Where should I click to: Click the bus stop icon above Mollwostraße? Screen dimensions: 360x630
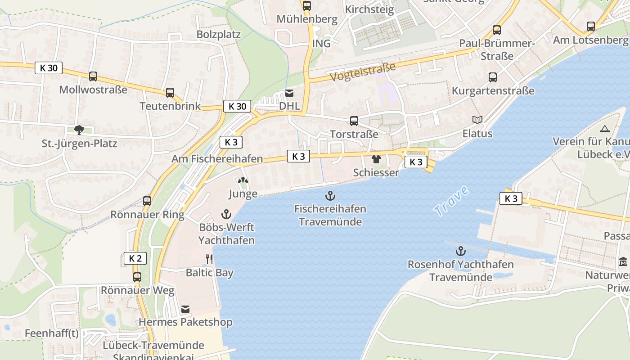pos(93,76)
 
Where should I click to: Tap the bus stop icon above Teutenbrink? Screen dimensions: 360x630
pos(170,93)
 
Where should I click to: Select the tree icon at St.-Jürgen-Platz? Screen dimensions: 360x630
pos(79,130)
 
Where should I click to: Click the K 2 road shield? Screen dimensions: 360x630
pos(135,258)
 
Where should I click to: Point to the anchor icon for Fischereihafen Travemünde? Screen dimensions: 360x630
pos(330,196)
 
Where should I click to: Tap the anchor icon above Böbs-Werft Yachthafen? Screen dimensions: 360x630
pos(226,214)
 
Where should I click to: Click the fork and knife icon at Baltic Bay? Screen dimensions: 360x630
pos(209,259)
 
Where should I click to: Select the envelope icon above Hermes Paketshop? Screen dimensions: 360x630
pos(185,309)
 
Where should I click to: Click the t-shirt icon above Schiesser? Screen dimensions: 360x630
pos(376,159)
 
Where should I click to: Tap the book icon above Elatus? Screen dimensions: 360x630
pos(477,120)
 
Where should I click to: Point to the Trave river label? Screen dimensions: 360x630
pos(451,201)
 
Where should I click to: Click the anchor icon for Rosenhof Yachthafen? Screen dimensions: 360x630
pos(460,251)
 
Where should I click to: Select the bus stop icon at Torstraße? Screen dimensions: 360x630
pos(354,121)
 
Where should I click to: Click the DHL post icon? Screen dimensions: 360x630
pos(289,93)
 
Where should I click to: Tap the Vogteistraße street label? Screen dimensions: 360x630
pos(363,72)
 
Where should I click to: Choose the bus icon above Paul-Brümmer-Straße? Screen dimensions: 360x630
pos(497,30)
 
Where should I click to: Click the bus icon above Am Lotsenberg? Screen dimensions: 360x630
pos(590,27)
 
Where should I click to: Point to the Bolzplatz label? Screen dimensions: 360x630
pos(219,34)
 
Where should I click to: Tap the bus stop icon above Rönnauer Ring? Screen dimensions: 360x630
pos(147,201)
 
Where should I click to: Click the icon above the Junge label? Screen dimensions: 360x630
pos(243,181)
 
